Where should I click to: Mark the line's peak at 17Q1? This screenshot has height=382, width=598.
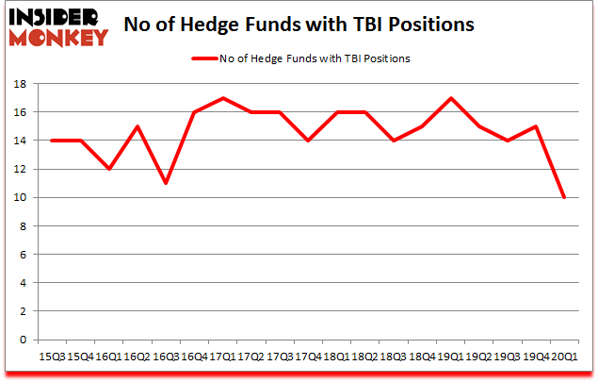[x=221, y=97]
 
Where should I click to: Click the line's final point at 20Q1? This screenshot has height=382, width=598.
[x=565, y=197]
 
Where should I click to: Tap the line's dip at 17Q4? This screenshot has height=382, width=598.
[x=307, y=141]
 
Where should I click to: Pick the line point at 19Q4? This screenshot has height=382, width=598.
[x=537, y=126]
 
